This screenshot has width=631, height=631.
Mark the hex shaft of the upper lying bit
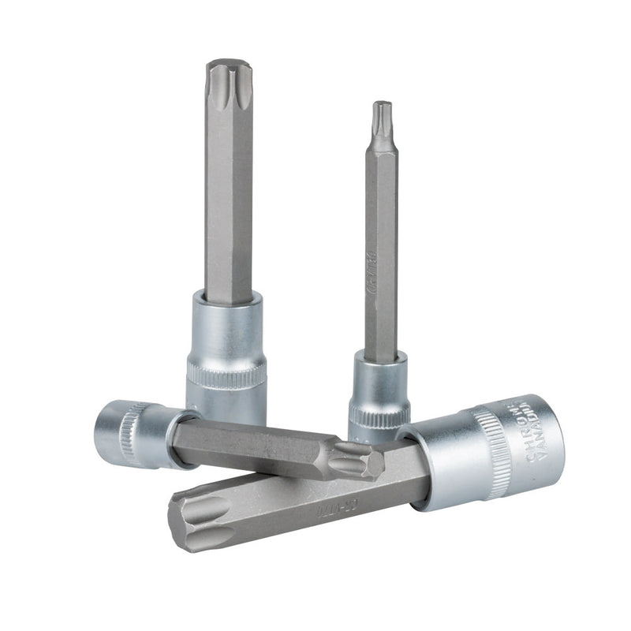(252, 446)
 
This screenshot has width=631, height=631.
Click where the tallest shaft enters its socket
(229, 296)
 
